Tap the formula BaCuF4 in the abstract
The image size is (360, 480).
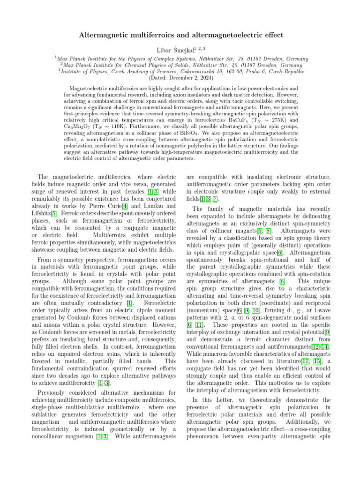(x=245, y=113)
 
